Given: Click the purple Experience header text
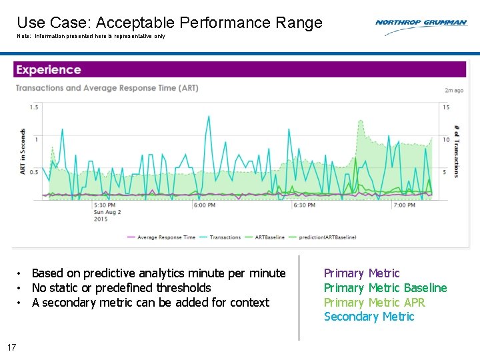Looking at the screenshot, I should [48, 70].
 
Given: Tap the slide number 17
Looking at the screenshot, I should [11, 347].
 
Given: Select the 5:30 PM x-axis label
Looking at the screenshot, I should [104, 205].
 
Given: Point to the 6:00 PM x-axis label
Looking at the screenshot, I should [204, 205].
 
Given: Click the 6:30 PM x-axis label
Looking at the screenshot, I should [304, 205].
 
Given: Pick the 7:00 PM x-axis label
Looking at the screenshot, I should [404, 205].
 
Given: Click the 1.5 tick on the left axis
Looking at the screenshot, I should [34, 107].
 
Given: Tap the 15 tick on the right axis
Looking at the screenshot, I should [445, 107].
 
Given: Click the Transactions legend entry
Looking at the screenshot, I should [225, 237].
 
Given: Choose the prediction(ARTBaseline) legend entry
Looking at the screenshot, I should [327, 237].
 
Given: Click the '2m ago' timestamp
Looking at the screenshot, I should [453, 90].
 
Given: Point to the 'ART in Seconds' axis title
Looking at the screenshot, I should [23, 152].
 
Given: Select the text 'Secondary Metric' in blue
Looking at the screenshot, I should [369, 317].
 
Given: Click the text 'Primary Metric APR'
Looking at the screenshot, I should [374, 302].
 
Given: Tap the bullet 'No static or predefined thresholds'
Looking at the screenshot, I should [121, 288].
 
